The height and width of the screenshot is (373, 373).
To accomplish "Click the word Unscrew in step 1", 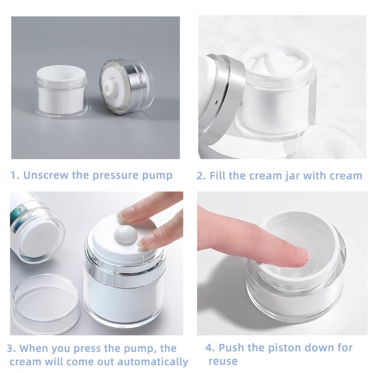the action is pos(46,175).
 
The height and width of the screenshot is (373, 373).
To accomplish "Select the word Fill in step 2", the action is pos(217,176).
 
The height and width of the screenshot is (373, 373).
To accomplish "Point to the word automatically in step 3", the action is pos(153,362).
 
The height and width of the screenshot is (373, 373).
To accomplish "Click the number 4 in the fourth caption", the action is pos(210,348).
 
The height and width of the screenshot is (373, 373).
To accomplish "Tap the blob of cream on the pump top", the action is pos(125,235).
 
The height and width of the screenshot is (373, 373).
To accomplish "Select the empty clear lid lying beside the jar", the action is pos(46,302).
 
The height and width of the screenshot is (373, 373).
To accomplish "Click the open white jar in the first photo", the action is pos(62,91).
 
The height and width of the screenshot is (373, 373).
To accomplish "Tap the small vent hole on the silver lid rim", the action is pos(216,103).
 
